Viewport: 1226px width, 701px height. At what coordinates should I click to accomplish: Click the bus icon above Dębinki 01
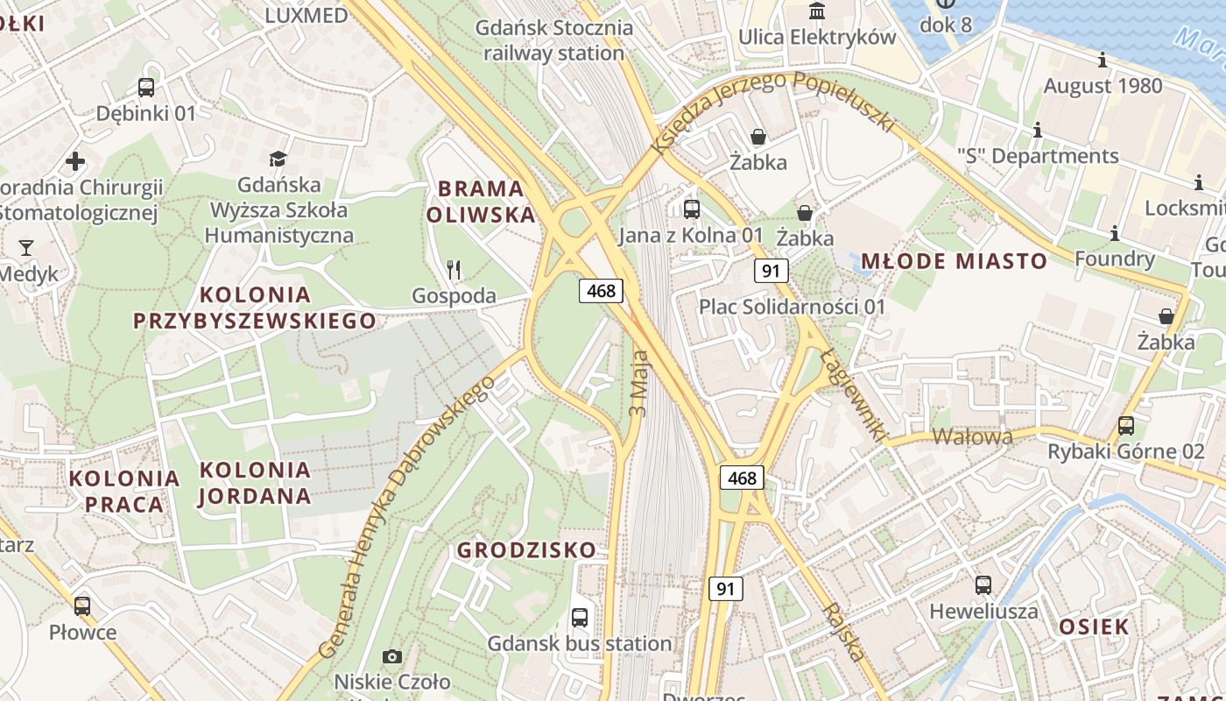click(x=146, y=88)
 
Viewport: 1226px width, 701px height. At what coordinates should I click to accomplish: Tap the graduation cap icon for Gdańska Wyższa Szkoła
click(x=278, y=159)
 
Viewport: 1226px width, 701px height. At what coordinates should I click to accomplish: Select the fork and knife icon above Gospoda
click(x=453, y=269)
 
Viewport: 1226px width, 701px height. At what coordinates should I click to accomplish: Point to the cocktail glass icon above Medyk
click(x=26, y=248)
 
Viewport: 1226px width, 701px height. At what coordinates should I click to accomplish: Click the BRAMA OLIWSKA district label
click(x=481, y=202)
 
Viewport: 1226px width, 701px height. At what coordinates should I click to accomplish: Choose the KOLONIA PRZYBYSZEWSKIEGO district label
click(x=255, y=308)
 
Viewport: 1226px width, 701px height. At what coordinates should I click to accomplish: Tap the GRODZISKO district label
click(x=526, y=550)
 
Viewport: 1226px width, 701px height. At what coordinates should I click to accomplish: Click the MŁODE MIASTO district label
click(x=954, y=261)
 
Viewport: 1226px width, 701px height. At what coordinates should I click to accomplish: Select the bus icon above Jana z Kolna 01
click(x=692, y=209)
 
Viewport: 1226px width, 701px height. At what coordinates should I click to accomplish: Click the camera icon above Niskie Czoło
click(x=392, y=656)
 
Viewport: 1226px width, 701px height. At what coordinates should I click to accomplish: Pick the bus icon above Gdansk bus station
click(x=580, y=617)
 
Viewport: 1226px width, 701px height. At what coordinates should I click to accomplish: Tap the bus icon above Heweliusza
click(x=983, y=585)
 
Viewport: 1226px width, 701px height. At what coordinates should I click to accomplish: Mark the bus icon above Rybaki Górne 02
click(x=1126, y=426)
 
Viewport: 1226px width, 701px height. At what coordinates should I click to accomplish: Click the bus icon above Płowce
click(x=82, y=605)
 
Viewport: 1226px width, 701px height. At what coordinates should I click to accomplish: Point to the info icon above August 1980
click(x=1103, y=60)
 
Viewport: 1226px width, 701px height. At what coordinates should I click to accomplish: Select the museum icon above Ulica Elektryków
click(x=817, y=11)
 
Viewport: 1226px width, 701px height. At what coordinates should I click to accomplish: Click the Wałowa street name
click(x=972, y=436)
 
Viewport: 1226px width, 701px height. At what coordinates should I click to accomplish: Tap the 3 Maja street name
click(x=639, y=383)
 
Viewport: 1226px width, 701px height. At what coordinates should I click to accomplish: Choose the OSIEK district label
click(x=1094, y=627)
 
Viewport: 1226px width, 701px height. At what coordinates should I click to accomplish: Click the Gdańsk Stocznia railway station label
click(x=554, y=40)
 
